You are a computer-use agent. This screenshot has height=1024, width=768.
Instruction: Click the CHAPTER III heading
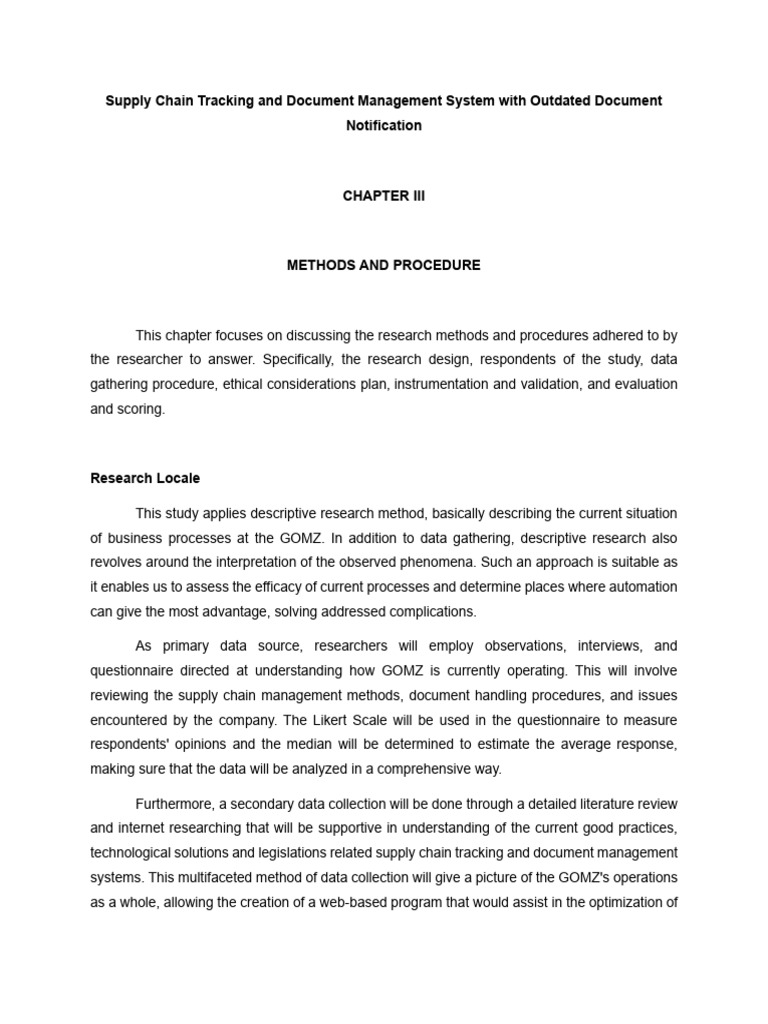click(x=384, y=196)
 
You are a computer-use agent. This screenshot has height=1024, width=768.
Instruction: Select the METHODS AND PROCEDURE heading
click(x=384, y=265)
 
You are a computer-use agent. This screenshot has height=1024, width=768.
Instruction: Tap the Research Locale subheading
click(x=145, y=478)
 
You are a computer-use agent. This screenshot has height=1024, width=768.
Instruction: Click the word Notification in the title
click(x=384, y=126)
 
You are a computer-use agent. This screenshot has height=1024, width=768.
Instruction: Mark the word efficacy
click(x=267, y=586)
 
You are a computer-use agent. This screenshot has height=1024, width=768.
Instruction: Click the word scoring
click(x=141, y=409)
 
